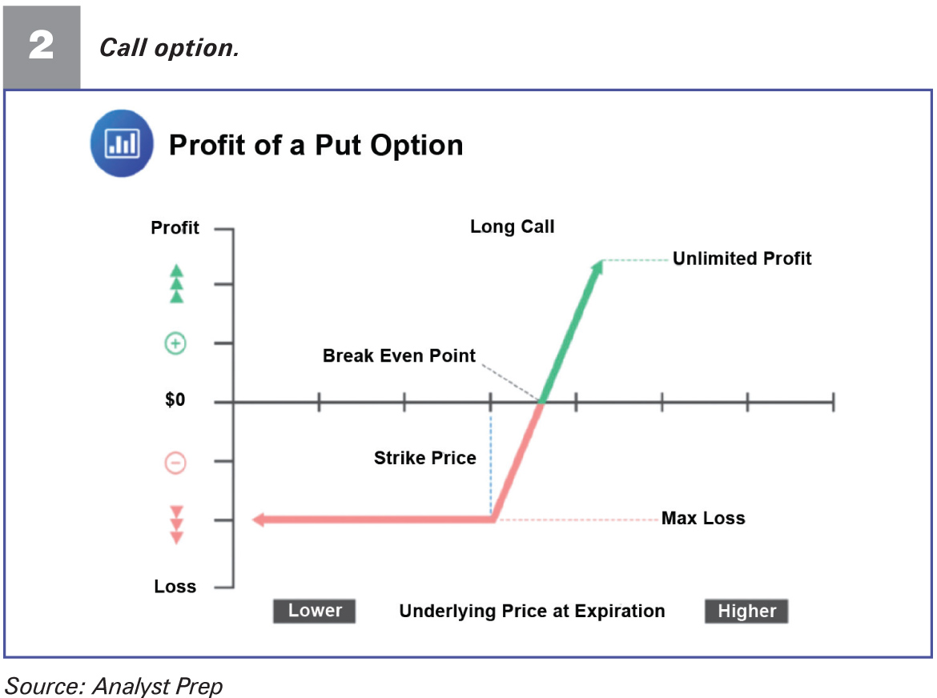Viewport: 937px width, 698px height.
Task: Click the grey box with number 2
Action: tap(42, 47)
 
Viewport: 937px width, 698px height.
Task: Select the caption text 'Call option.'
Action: tap(169, 48)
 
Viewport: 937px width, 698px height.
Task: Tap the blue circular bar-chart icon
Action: tap(122, 143)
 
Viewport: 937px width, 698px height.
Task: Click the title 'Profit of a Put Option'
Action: tap(316, 145)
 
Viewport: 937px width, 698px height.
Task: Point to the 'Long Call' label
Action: tap(512, 227)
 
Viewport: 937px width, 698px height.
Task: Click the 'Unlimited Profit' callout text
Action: tap(742, 259)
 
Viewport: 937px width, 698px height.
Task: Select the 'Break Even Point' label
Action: tap(399, 356)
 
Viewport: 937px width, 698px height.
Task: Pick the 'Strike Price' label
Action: tap(425, 458)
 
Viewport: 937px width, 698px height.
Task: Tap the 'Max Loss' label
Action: tap(703, 518)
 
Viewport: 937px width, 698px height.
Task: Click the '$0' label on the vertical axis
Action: tap(175, 399)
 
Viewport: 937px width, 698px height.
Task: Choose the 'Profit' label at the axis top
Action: tap(175, 227)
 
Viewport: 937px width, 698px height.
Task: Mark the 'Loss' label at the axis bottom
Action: tap(175, 587)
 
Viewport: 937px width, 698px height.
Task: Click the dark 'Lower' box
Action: tap(314, 611)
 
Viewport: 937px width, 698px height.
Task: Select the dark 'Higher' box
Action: tap(746, 611)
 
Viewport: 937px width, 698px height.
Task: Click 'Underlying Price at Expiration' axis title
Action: tap(532, 611)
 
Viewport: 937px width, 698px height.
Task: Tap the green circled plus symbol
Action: tap(175, 343)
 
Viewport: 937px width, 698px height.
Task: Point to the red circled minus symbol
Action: tap(175, 463)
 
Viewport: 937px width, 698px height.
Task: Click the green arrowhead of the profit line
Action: tap(597, 267)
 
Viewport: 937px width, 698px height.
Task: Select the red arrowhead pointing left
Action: tap(259, 519)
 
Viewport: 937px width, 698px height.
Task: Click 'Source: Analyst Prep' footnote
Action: tap(114, 686)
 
